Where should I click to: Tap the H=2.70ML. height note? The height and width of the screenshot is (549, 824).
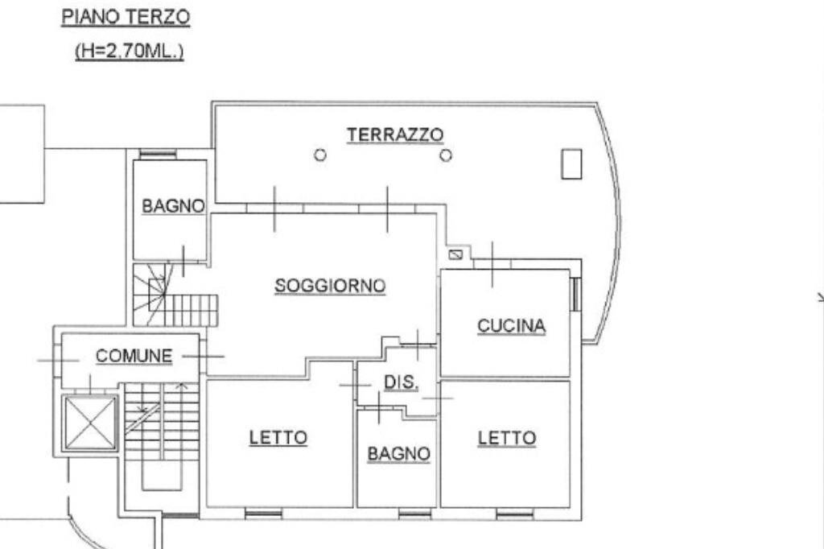(130, 52)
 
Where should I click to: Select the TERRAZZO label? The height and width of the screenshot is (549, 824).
(395, 134)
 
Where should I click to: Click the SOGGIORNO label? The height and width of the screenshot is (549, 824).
(330, 286)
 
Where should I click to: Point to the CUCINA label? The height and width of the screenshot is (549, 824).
(512, 326)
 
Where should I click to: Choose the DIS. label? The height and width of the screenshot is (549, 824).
(400, 383)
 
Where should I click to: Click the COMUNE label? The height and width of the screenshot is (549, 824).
(134, 355)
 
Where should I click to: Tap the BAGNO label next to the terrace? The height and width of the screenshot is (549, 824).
(173, 206)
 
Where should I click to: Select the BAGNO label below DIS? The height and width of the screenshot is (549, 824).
(398, 454)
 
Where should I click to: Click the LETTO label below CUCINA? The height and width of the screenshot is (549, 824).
(507, 439)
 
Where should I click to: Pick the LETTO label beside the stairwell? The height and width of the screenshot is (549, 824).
(278, 439)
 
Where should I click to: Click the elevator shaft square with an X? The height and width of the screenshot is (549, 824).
(90, 423)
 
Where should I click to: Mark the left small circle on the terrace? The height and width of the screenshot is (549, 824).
(320, 155)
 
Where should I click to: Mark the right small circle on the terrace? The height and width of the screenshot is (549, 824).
(446, 155)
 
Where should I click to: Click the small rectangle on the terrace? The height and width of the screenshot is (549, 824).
(571, 163)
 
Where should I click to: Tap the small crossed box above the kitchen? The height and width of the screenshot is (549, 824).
(455, 255)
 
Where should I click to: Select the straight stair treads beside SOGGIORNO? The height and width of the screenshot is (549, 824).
(192, 310)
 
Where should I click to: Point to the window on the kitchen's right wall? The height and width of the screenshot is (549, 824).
(575, 294)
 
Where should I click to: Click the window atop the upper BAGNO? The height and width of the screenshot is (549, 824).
(152, 154)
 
